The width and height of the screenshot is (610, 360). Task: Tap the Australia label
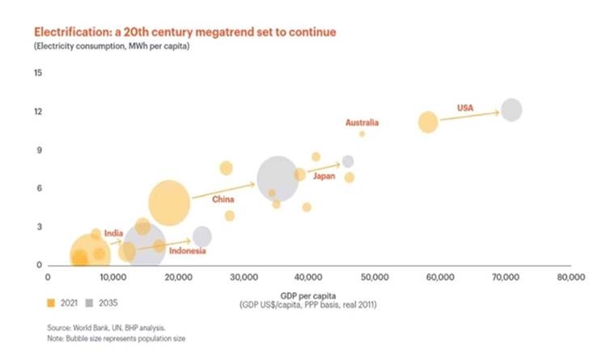pos(362,123)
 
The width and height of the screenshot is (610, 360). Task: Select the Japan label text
pos(324,176)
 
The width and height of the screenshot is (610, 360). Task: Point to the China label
pos(223,199)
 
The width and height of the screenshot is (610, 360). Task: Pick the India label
pos(113,233)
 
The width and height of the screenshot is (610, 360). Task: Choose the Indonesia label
pos(187,251)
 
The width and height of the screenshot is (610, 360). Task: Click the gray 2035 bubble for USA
pos(511,110)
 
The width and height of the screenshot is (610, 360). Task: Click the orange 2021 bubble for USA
pos(428,122)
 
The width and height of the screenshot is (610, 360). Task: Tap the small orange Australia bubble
pos(362,133)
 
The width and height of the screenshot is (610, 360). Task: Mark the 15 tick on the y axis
pos(37,73)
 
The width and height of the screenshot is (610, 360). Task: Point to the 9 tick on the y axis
pos(38,150)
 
